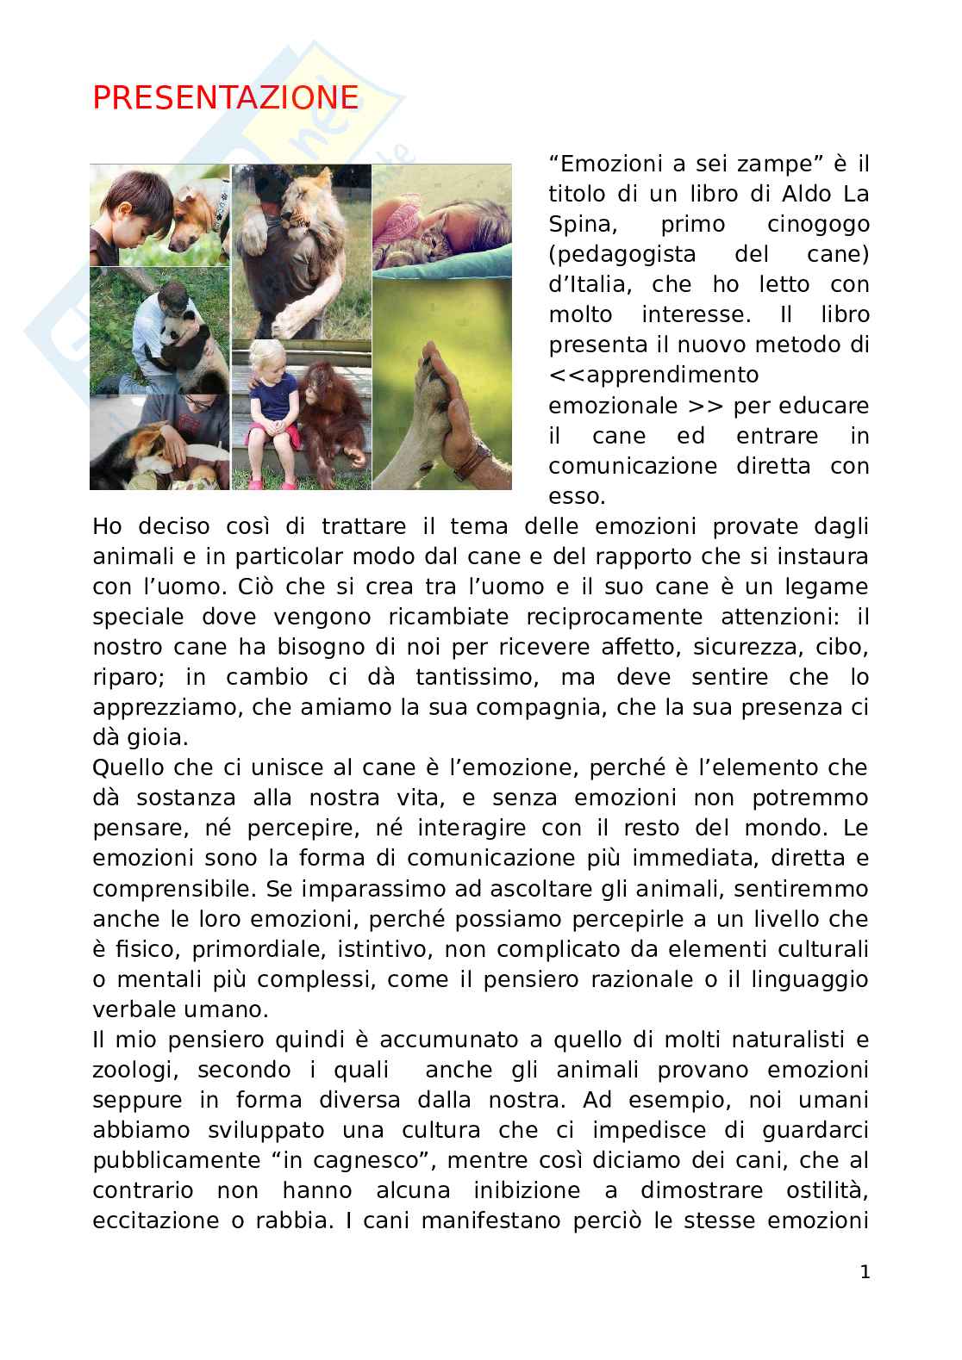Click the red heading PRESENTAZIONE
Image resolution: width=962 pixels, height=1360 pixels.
point(225,98)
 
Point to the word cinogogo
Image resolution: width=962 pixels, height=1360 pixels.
point(818,224)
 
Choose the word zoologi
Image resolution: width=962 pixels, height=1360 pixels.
point(135,1070)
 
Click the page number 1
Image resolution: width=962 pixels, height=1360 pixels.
point(865,1272)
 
